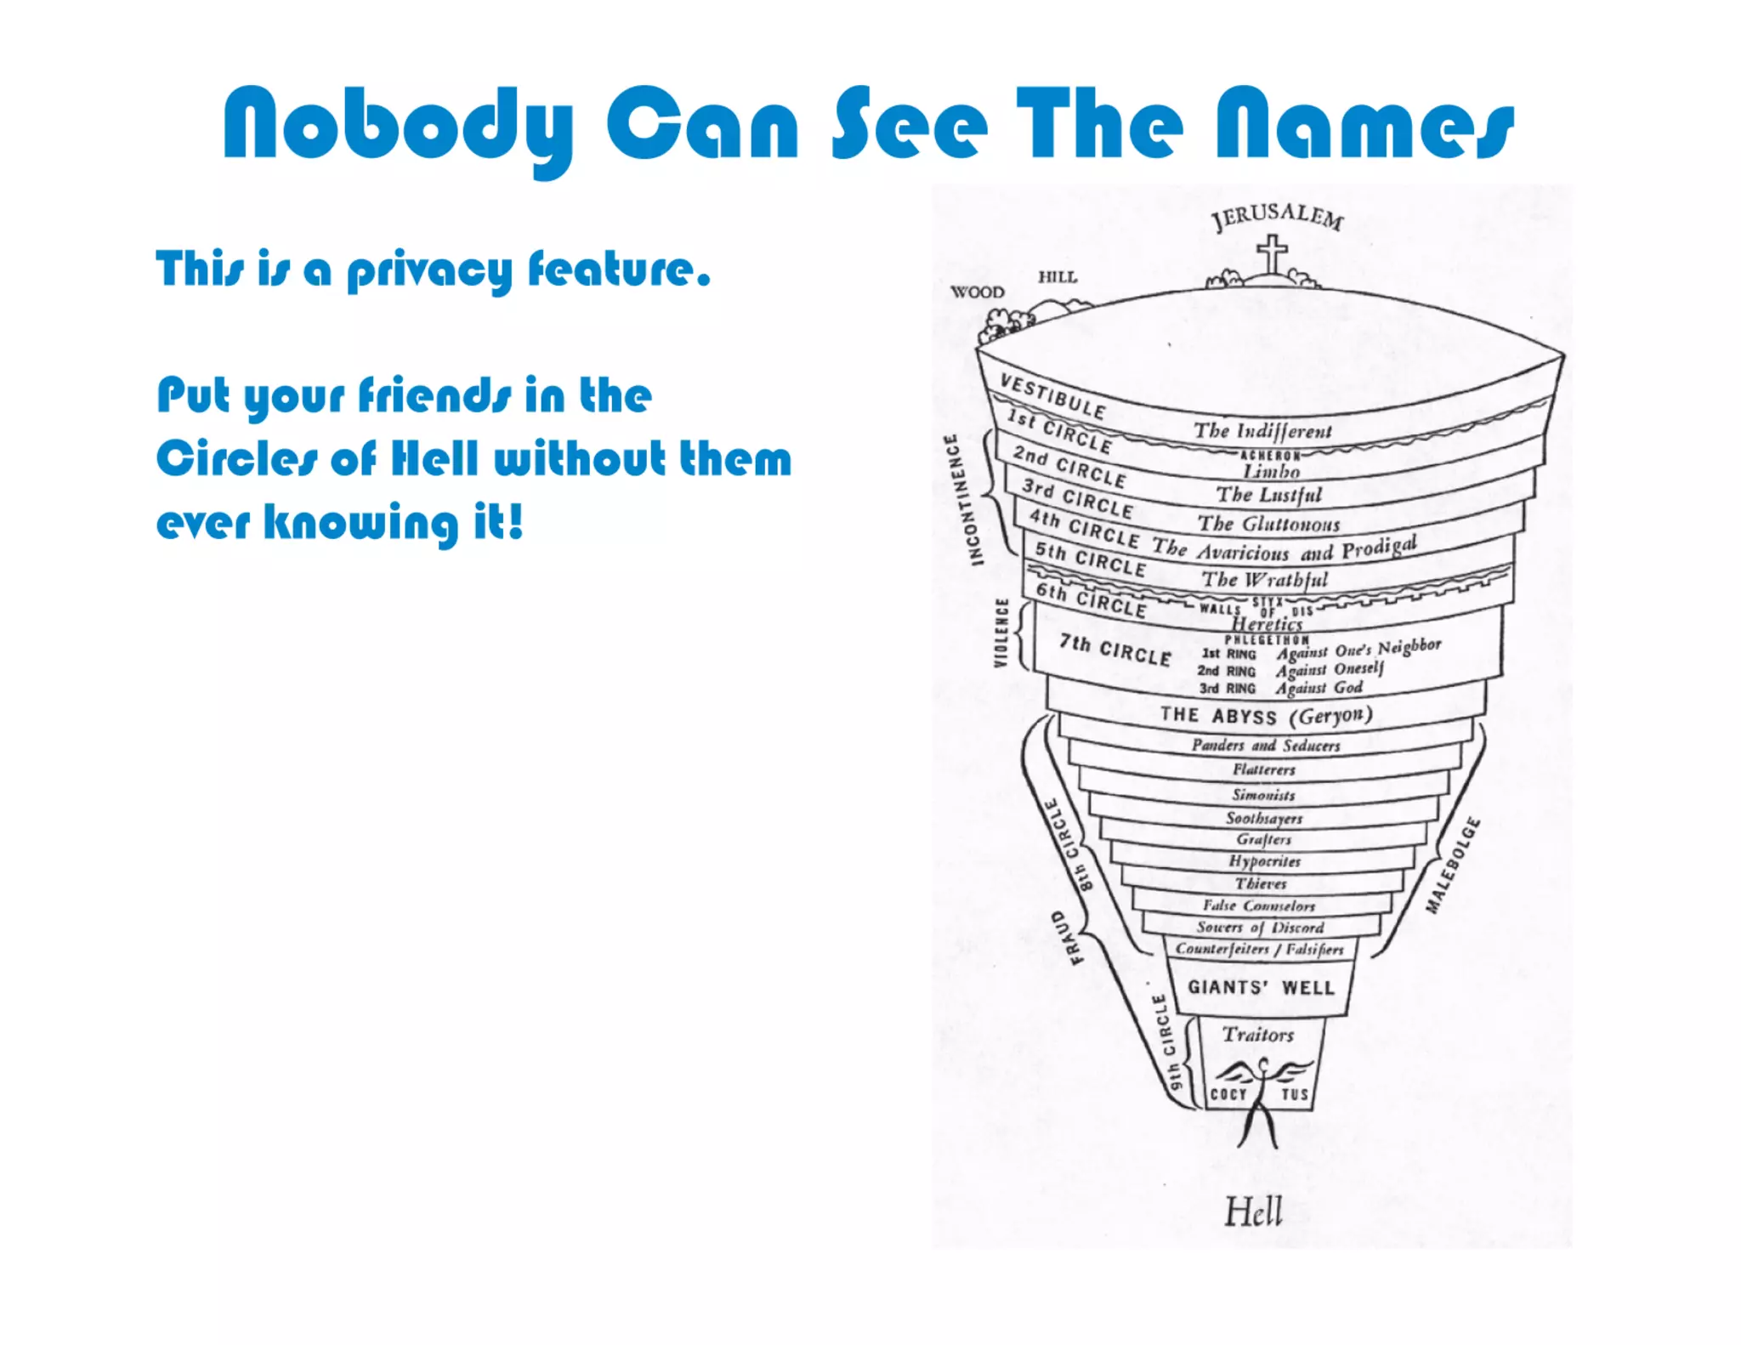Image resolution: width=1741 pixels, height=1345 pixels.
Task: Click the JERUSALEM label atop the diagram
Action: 1278,217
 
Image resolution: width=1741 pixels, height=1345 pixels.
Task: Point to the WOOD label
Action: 977,292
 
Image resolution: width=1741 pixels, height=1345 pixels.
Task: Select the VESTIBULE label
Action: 1052,396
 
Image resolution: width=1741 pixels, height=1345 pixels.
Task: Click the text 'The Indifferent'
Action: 1262,431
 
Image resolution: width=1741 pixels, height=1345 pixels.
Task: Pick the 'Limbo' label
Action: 1271,471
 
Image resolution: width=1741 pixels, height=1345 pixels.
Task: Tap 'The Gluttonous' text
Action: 1268,524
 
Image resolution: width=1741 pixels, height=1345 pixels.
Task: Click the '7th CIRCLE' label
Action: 1114,650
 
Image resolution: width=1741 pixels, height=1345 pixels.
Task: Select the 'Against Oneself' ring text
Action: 1330,670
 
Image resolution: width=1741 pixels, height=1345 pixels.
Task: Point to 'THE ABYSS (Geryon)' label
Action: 1266,716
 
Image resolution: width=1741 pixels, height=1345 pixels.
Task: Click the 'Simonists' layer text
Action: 1264,796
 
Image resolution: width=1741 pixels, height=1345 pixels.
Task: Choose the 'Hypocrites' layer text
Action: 1264,861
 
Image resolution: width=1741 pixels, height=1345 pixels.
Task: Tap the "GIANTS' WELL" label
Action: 1261,987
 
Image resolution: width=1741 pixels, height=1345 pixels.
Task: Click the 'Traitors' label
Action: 1258,1035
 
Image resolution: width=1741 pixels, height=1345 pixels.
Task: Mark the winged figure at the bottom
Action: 1262,1097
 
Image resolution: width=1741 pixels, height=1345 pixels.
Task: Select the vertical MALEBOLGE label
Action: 1453,865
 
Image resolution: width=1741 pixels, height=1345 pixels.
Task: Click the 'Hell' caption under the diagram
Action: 1253,1211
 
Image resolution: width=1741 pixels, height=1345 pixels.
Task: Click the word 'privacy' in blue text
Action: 429,271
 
